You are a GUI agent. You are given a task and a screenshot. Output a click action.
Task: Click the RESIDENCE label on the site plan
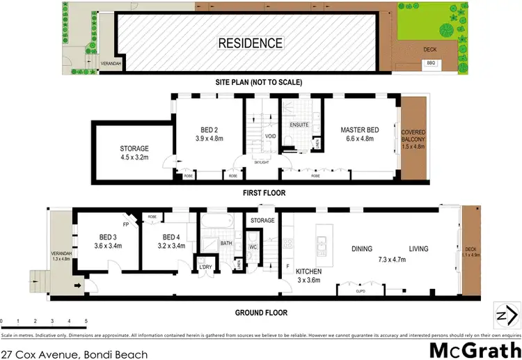[251, 42]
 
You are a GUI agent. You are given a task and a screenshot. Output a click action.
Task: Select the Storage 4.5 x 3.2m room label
[134, 153]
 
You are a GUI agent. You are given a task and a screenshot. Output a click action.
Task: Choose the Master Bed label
[359, 134]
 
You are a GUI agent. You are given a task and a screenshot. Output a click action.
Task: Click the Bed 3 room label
[109, 240]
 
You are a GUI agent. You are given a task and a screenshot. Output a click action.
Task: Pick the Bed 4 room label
[171, 240]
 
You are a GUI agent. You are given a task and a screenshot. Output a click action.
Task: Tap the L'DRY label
[205, 267]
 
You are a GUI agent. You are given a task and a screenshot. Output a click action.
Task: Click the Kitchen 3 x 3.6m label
[309, 276]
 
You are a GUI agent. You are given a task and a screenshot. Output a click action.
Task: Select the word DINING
[361, 249]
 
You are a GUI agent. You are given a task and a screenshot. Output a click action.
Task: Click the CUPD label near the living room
[361, 291]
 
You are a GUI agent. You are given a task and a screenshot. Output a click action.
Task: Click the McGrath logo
[475, 349]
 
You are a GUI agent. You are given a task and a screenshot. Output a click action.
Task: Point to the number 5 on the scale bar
[86, 321]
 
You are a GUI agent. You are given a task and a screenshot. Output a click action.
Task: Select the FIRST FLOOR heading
[261, 193]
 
